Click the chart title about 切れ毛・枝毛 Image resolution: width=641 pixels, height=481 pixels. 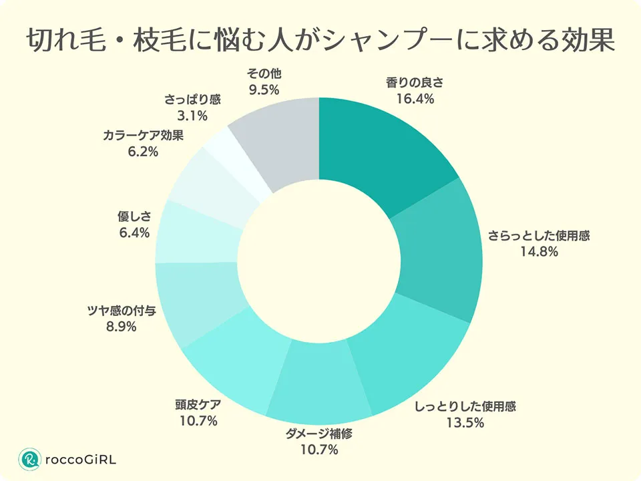[320, 41]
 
